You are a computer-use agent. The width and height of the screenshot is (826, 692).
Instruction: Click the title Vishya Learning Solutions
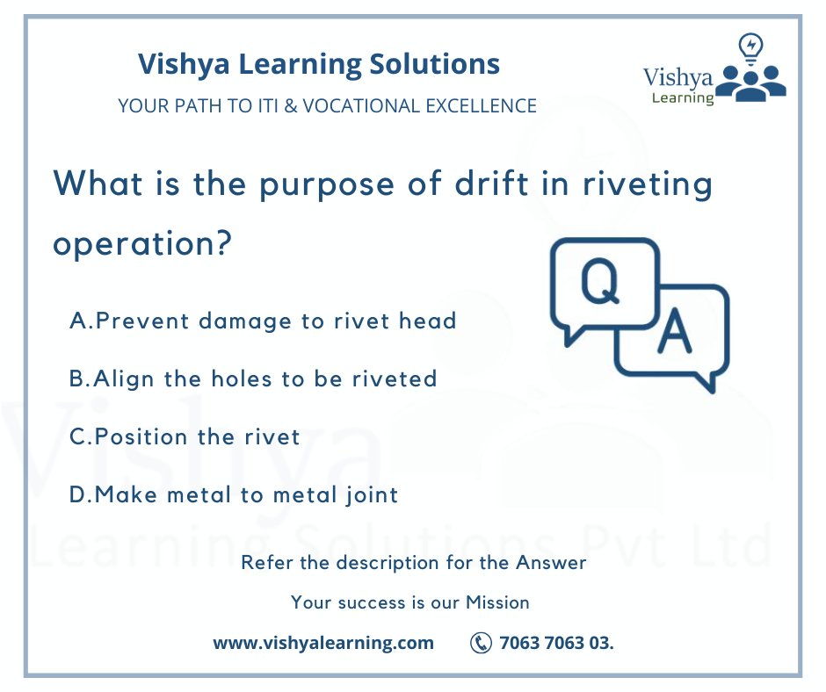click(319, 64)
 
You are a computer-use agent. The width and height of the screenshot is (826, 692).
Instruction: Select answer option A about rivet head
click(263, 321)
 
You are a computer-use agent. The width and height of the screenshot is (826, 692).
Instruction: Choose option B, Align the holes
click(253, 378)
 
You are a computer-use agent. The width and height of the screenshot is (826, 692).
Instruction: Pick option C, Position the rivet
click(185, 436)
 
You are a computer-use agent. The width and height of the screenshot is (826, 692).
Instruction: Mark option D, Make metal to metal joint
click(234, 494)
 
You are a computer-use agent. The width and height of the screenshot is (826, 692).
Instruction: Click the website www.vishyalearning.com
click(323, 643)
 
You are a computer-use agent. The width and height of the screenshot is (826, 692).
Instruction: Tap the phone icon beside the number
click(481, 643)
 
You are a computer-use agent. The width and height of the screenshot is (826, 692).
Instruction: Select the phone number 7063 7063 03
click(556, 643)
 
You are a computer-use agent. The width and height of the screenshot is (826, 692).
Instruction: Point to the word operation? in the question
click(143, 242)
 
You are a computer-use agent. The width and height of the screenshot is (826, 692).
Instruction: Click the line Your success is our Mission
click(410, 602)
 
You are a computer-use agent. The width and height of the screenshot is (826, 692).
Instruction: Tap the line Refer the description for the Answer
click(413, 562)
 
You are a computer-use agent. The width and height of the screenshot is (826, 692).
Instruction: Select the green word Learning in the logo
click(683, 97)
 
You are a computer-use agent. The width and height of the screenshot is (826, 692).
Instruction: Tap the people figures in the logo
click(750, 81)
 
